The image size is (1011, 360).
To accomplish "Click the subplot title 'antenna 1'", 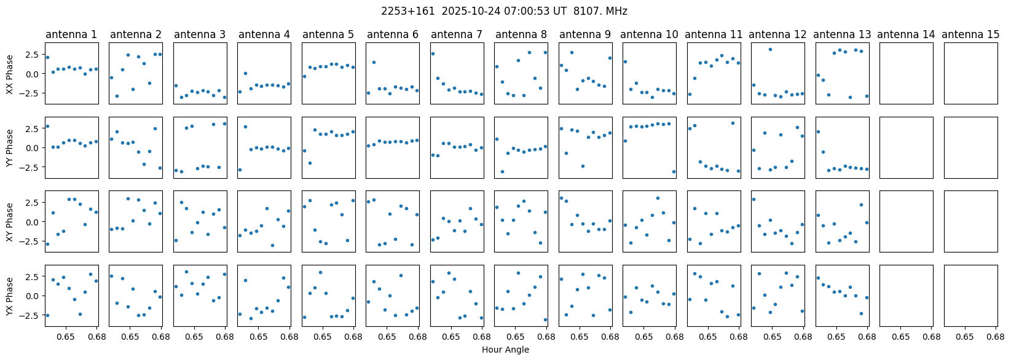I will click(x=71, y=35).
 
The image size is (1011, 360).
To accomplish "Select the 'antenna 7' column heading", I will click(x=457, y=35).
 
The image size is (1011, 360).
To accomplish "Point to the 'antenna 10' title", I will click(x=649, y=35).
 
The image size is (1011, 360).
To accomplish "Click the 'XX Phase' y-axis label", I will click(x=10, y=74).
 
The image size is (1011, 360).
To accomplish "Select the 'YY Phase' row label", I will click(x=10, y=147).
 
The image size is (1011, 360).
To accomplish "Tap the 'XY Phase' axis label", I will click(x=10, y=221).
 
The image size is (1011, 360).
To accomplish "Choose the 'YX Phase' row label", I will click(x=10, y=295).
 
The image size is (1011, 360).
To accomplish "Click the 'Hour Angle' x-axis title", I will click(x=505, y=350).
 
